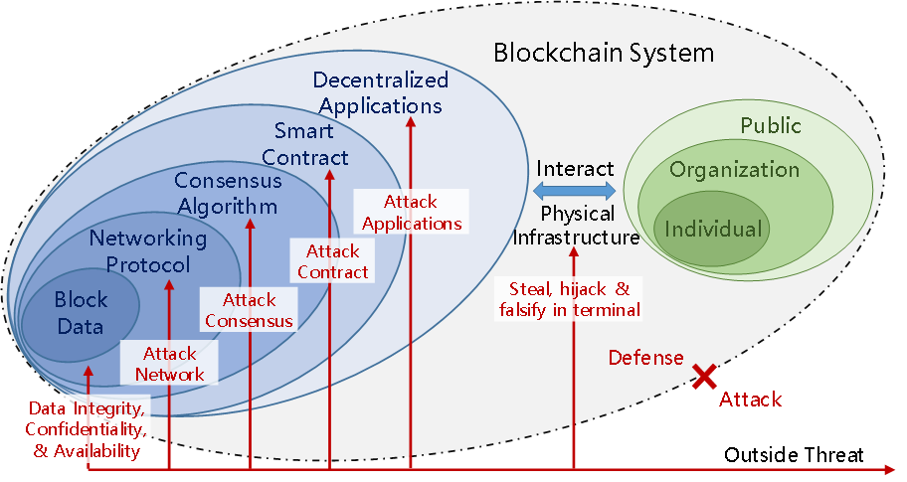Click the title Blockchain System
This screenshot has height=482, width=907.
(604, 52)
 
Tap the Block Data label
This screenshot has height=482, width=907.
(80, 312)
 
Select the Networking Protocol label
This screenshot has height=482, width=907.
(147, 251)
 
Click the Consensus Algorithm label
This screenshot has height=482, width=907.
(227, 194)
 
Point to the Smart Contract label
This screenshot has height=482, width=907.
(311, 144)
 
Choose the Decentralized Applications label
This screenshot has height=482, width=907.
(380, 92)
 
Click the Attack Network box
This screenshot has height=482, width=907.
(169, 364)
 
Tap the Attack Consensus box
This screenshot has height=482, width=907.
(249, 310)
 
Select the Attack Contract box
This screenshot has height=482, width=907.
(332, 261)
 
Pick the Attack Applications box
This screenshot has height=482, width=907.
(412, 213)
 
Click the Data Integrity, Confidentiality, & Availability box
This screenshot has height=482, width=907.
(88, 429)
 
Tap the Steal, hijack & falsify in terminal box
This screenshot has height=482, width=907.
(569, 298)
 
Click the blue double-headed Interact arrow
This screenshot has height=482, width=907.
(575, 190)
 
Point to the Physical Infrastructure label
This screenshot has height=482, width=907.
(577, 226)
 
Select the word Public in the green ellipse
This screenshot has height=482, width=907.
(770, 126)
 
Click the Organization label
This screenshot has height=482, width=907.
(734, 169)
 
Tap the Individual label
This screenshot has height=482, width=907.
(713, 230)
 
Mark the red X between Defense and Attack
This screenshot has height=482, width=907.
(705, 377)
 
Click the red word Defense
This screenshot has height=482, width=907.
(645, 358)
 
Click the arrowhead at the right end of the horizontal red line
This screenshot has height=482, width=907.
(887, 467)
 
